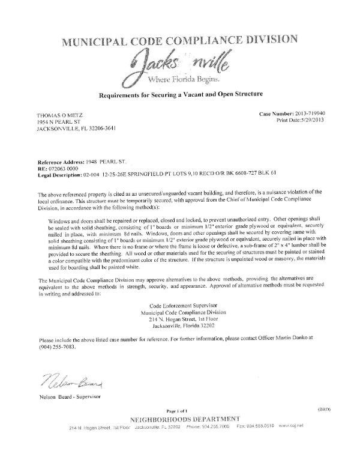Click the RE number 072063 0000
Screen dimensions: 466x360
pyautogui.click(x=65, y=153)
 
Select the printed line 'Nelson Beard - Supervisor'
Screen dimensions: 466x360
pyautogui.click(x=70, y=398)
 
